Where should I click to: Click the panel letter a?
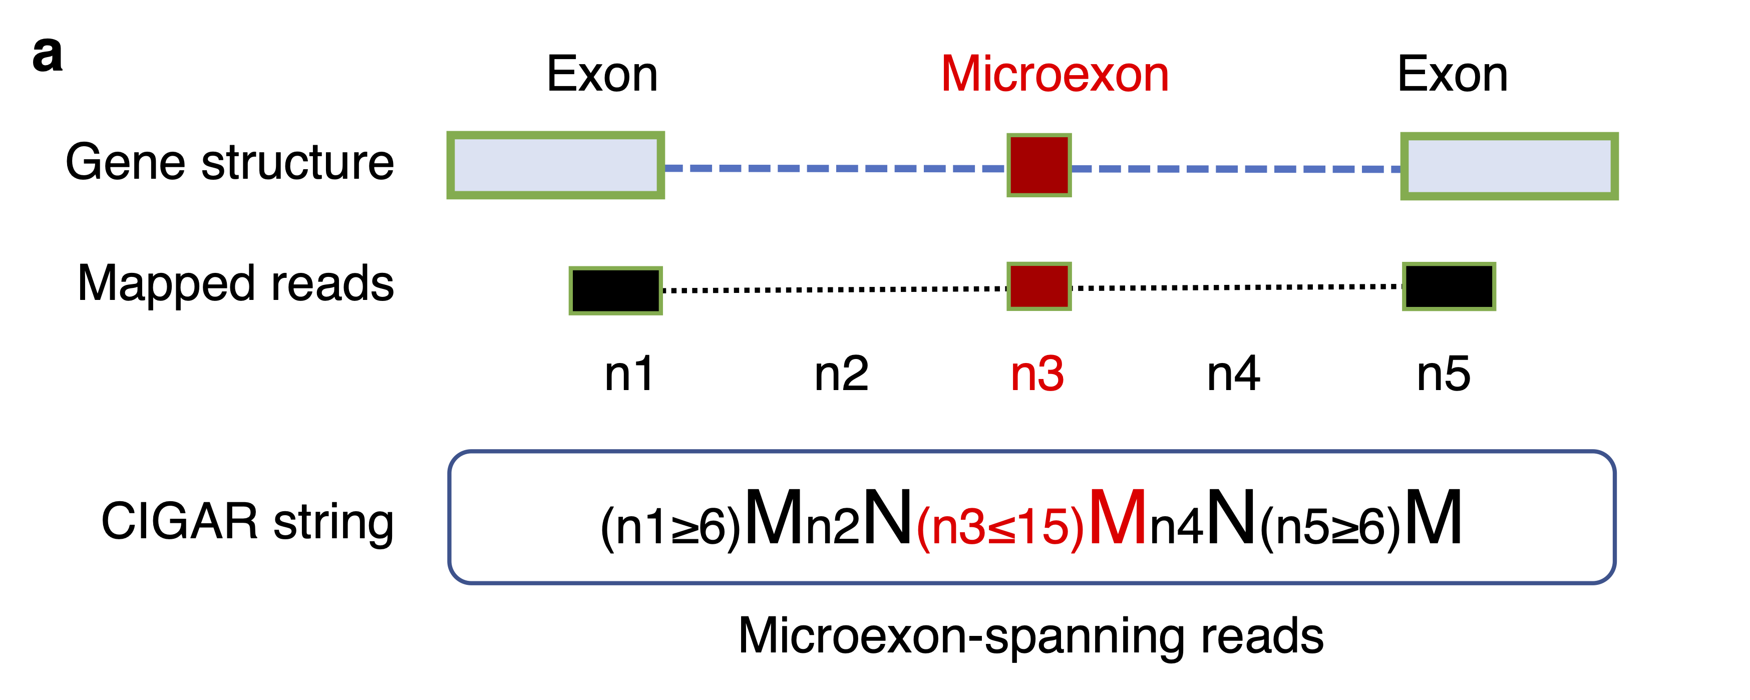click(x=48, y=55)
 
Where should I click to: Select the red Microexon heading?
click(x=1055, y=74)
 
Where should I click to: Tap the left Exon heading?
click(x=602, y=74)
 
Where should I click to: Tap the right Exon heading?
click(x=1453, y=74)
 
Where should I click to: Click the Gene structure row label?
click(x=230, y=162)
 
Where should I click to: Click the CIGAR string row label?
click(x=247, y=522)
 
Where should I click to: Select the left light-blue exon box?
click(x=555, y=165)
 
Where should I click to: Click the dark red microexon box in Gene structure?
click(x=1038, y=165)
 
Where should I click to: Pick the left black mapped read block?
click(x=615, y=290)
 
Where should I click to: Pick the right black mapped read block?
click(x=1449, y=286)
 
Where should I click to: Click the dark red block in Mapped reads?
click(x=1038, y=286)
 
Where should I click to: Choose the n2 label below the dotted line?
click(x=841, y=374)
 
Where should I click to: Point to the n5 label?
click(x=1443, y=374)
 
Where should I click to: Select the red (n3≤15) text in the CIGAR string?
click(x=1000, y=527)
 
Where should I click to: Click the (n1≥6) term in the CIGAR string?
click(x=670, y=527)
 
